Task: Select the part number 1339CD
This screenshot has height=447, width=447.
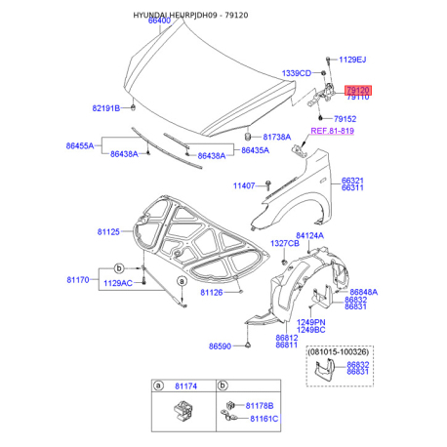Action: click(296, 73)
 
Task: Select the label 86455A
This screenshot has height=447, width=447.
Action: click(80, 146)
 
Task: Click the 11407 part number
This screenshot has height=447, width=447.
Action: click(244, 185)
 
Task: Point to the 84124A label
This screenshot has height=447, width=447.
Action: click(310, 235)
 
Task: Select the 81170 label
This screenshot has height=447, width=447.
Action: click(79, 279)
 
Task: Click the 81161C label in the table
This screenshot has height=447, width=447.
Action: click(260, 419)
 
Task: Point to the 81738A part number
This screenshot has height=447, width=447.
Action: click(275, 138)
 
